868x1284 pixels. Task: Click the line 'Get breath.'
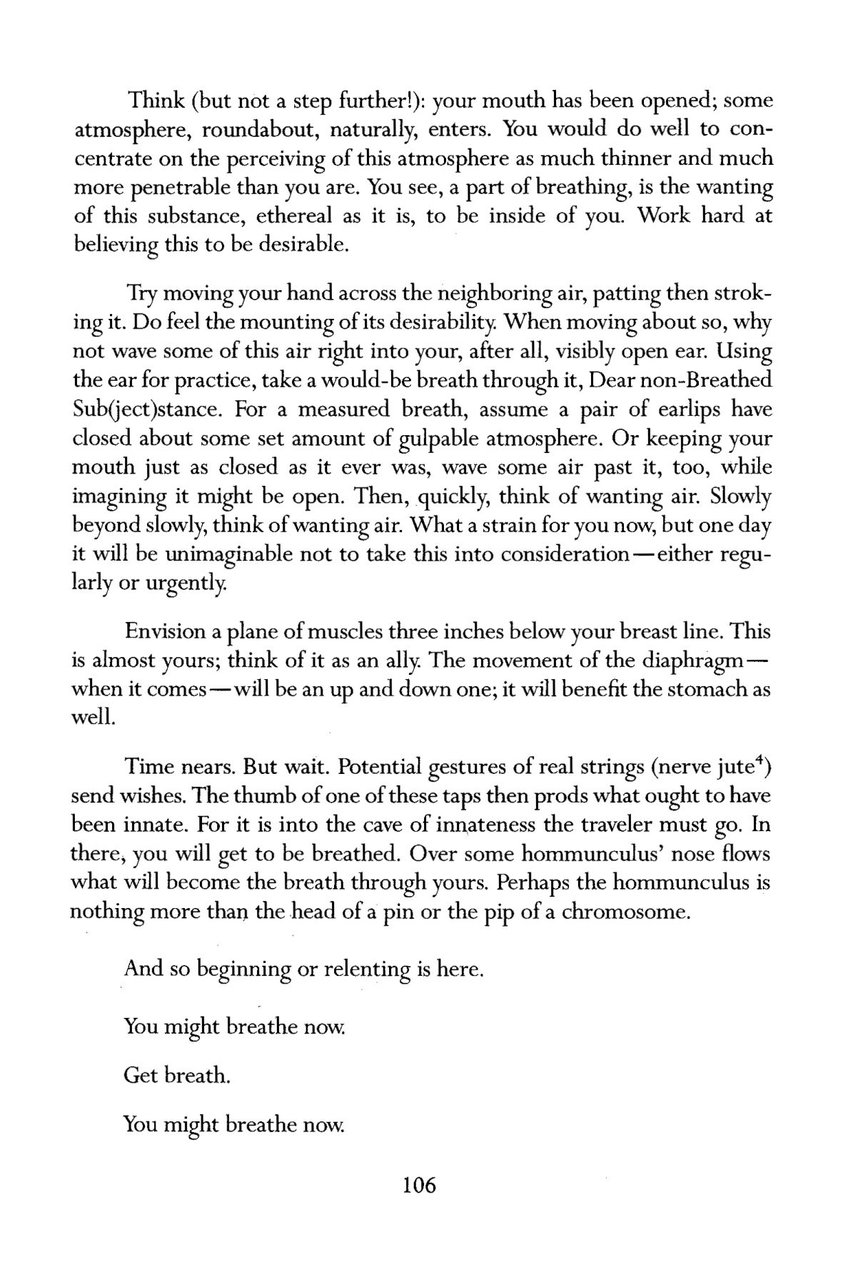(176, 1075)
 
